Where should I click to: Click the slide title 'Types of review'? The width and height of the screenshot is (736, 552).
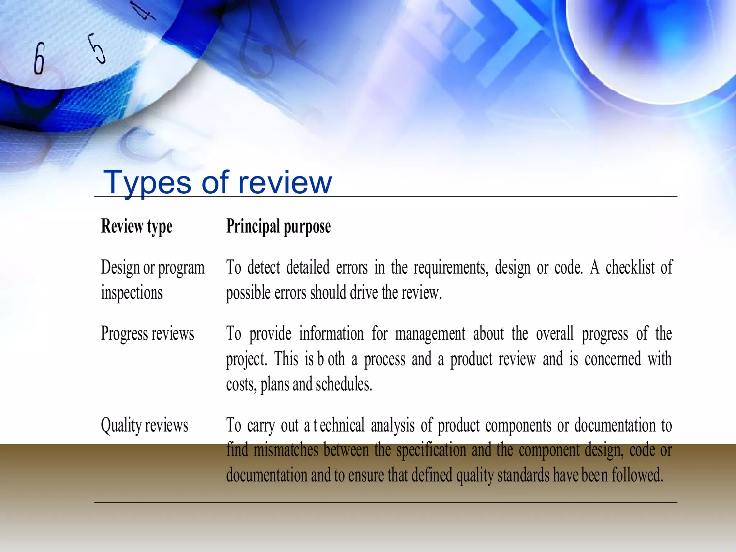217,183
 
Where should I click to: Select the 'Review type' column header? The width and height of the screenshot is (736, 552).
137,226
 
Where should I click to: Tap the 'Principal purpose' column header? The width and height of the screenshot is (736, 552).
279,226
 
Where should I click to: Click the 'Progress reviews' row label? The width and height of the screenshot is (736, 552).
147,333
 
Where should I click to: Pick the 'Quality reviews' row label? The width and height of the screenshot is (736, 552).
144,425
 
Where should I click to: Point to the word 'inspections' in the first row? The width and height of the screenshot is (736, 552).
132,293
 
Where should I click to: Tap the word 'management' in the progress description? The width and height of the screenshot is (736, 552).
430,333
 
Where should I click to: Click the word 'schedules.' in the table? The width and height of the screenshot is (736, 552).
344,384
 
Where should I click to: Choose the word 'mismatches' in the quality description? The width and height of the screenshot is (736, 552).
286,450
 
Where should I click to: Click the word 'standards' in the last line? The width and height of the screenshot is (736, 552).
524,475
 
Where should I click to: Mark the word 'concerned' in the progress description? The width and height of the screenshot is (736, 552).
613,359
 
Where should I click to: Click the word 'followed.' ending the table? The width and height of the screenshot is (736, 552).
638,475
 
